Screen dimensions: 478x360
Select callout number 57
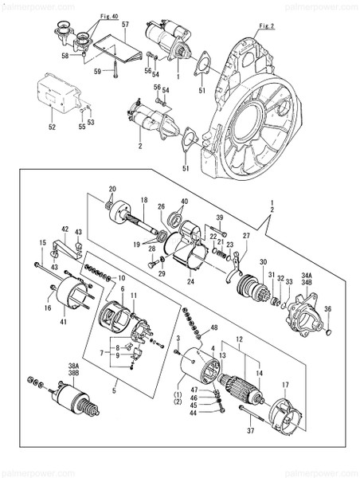(126, 26)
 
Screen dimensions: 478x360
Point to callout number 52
(52, 126)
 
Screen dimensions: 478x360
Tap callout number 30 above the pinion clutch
(263, 262)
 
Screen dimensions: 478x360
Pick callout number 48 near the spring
(213, 329)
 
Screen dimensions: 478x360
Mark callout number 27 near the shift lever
(246, 236)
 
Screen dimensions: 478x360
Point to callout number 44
(194, 413)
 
